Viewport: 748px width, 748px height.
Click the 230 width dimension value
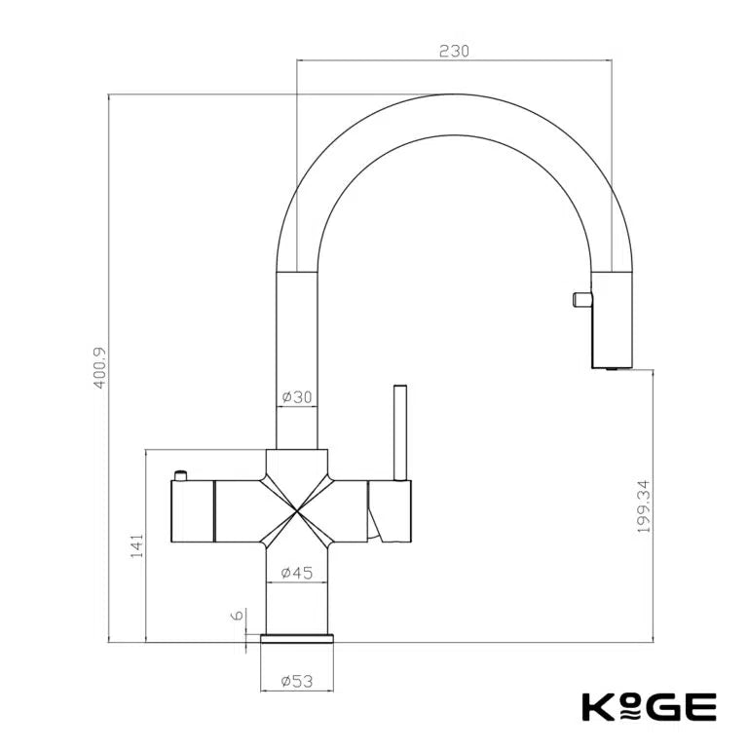454,51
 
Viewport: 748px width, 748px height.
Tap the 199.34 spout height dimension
641,505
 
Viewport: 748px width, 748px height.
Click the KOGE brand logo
649,705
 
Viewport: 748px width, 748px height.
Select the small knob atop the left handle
180,475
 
